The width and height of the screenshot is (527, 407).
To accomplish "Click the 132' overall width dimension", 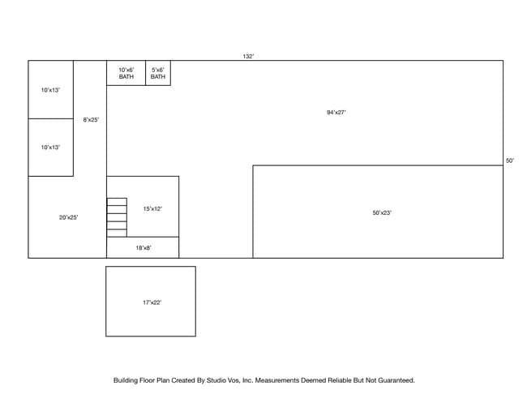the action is click(x=248, y=57).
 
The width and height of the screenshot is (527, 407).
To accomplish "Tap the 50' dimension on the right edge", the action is click(x=510, y=161).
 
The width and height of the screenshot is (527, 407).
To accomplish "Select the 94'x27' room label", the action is click(x=336, y=112).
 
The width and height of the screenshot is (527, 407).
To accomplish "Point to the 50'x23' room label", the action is click(x=382, y=212).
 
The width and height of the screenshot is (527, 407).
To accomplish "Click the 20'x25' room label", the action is click(x=69, y=217).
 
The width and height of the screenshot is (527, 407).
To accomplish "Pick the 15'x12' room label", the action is click(x=152, y=208).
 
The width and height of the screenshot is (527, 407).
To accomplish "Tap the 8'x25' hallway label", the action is click(x=91, y=120).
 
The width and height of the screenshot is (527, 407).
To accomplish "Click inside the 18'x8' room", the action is click(x=143, y=248).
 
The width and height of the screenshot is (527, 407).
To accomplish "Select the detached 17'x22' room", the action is click(x=151, y=301).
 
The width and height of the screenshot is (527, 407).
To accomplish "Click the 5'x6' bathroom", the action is click(x=158, y=73).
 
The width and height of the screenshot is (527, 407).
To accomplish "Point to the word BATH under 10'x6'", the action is click(x=126, y=77).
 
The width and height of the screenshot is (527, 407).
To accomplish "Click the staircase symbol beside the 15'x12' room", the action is click(x=117, y=217).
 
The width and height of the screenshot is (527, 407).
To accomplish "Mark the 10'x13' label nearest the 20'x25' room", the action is click(x=50, y=148).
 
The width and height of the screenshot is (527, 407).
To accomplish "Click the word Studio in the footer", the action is click(x=216, y=380).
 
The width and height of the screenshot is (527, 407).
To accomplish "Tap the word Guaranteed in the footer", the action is click(x=396, y=380).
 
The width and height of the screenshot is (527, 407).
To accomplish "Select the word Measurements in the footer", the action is click(x=277, y=380).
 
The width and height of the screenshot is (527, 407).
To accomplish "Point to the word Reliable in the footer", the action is click(x=340, y=380).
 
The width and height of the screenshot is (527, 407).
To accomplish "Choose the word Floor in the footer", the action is click(x=148, y=380).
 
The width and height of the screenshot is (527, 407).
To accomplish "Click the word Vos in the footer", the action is click(x=234, y=380).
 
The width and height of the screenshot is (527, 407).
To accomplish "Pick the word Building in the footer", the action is click(x=126, y=380).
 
